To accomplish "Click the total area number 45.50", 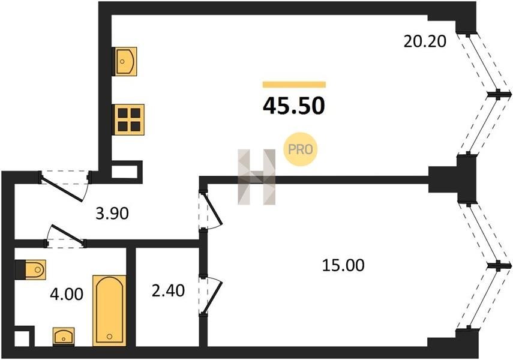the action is [x=294, y=106].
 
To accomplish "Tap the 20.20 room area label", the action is [x=425, y=41].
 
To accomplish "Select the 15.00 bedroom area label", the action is [x=343, y=265].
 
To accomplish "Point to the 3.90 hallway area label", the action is [x=112, y=214].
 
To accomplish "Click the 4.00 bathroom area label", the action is [x=67, y=294].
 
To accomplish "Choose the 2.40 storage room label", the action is [x=168, y=290].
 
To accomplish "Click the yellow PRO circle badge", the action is [x=301, y=149].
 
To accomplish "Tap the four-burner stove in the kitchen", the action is [x=129, y=119].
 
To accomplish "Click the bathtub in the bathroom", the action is [x=109, y=310].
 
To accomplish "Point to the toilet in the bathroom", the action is [x=31, y=270].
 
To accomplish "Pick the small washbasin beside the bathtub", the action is [x=64, y=336].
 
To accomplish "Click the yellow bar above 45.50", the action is [x=294, y=85].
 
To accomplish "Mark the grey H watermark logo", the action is [x=257, y=177].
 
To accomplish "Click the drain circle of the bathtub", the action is [x=109, y=337].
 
